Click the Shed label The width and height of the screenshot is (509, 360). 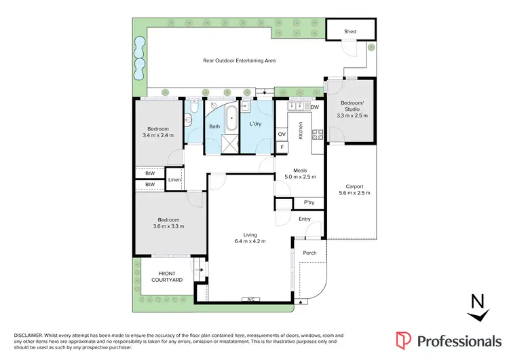[350, 31]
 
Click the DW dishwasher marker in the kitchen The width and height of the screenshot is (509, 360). [314, 107]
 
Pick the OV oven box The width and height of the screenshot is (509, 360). [282, 134]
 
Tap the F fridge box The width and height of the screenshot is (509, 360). [282, 146]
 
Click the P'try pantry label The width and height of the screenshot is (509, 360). [309, 202]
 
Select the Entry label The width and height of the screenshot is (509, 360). [305, 219]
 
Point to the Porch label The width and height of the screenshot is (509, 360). [309, 253]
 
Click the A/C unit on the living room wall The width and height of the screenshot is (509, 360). [250, 300]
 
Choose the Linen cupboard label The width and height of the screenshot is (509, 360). [174, 179]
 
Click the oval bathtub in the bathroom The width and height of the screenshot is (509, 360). [232, 118]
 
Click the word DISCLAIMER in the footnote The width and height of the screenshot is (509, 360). [28, 336]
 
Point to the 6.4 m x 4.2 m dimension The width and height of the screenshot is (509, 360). [250, 241]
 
